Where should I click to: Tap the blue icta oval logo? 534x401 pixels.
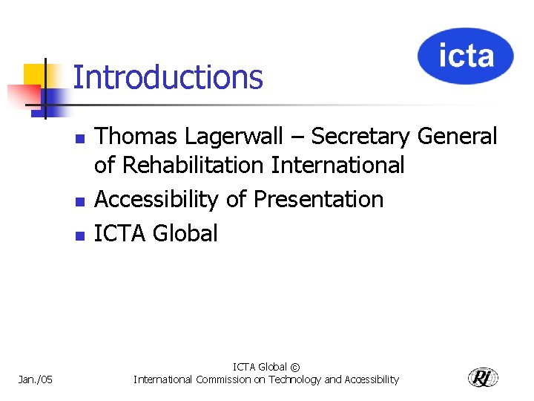[x=465, y=56]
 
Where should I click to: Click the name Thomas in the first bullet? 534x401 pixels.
[x=137, y=137]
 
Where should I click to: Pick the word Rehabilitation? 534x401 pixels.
[x=193, y=165]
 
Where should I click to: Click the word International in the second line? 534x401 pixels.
[x=337, y=165]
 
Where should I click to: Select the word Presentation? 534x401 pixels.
[x=318, y=199]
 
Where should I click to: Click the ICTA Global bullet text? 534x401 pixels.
[x=156, y=233]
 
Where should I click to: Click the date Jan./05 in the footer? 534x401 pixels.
[x=35, y=379]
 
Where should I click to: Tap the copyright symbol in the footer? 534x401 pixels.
[x=295, y=367]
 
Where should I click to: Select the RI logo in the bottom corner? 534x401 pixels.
[x=483, y=377]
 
